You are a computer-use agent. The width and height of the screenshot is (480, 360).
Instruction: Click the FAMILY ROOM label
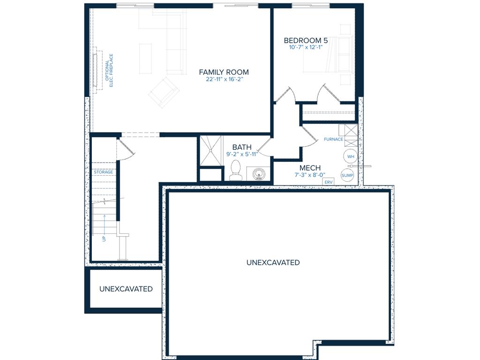click(x=224, y=72)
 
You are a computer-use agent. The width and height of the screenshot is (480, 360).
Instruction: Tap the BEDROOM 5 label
click(x=306, y=40)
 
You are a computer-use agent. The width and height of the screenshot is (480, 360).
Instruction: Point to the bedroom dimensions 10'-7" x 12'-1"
click(x=306, y=47)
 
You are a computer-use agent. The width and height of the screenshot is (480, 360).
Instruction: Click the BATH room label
click(x=242, y=147)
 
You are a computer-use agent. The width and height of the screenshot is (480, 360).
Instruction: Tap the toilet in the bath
click(x=236, y=170)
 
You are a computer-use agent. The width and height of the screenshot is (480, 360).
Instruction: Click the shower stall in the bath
click(x=210, y=151)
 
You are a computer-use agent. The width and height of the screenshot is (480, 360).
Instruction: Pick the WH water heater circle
click(x=351, y=157)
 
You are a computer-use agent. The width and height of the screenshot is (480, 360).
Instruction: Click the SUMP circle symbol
click(x=347, y=175)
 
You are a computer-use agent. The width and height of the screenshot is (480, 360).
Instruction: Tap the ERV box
click(x=328, y=182)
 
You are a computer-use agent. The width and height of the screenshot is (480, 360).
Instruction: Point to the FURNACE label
click(x=333, y=139)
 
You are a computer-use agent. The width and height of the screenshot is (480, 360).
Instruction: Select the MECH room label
click(x=310, y=168)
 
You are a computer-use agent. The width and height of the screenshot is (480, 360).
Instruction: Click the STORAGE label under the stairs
click(x=104, y=172)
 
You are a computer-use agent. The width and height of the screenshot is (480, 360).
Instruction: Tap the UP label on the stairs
click(x=104, y=239)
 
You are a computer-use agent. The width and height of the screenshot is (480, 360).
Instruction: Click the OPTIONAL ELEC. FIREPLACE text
click(x=109, y=70)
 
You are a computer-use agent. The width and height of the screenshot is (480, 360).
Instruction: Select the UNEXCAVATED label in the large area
click(x=273, y=262)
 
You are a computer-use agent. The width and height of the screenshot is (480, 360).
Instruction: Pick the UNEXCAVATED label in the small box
click(x=126, y=289)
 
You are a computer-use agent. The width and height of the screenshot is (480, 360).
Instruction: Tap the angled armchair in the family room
click(x=164, y=92)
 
